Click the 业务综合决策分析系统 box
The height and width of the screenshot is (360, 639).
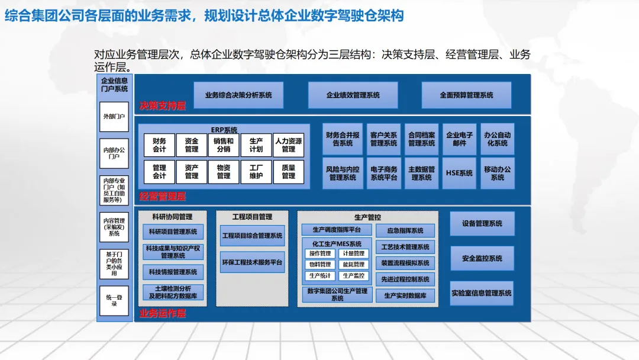coord(238,95)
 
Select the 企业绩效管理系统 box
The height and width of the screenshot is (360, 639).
coord(353,95)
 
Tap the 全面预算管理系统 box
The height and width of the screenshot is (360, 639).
coord(466,95)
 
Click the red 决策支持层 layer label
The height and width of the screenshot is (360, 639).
coord(163,106)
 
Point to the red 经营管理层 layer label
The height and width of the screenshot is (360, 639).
coord(163,196)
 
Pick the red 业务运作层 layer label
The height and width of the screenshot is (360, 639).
coord(163,313)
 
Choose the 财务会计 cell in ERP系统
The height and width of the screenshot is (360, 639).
coord(159,145)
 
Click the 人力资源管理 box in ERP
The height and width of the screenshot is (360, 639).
coord(288,145)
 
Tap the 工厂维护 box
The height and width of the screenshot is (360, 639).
coord(256,172)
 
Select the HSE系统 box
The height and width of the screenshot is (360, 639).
coord(459,173)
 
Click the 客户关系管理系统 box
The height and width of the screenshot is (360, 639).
coord(383,139)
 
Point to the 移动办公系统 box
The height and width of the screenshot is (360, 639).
coord(497,173)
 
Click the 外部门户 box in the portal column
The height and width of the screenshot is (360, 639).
coord(114,117)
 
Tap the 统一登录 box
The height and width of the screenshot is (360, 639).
coord(114,300)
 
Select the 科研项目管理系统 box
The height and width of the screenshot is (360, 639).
coord(173,232)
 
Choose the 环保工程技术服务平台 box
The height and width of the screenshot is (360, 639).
coord(252,262)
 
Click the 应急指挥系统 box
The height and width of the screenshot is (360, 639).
coord(405,231)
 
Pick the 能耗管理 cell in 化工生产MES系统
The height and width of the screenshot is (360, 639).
coord(353,265)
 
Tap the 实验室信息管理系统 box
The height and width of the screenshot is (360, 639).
coord(482,293)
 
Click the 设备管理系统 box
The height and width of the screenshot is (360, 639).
coord(482,224)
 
